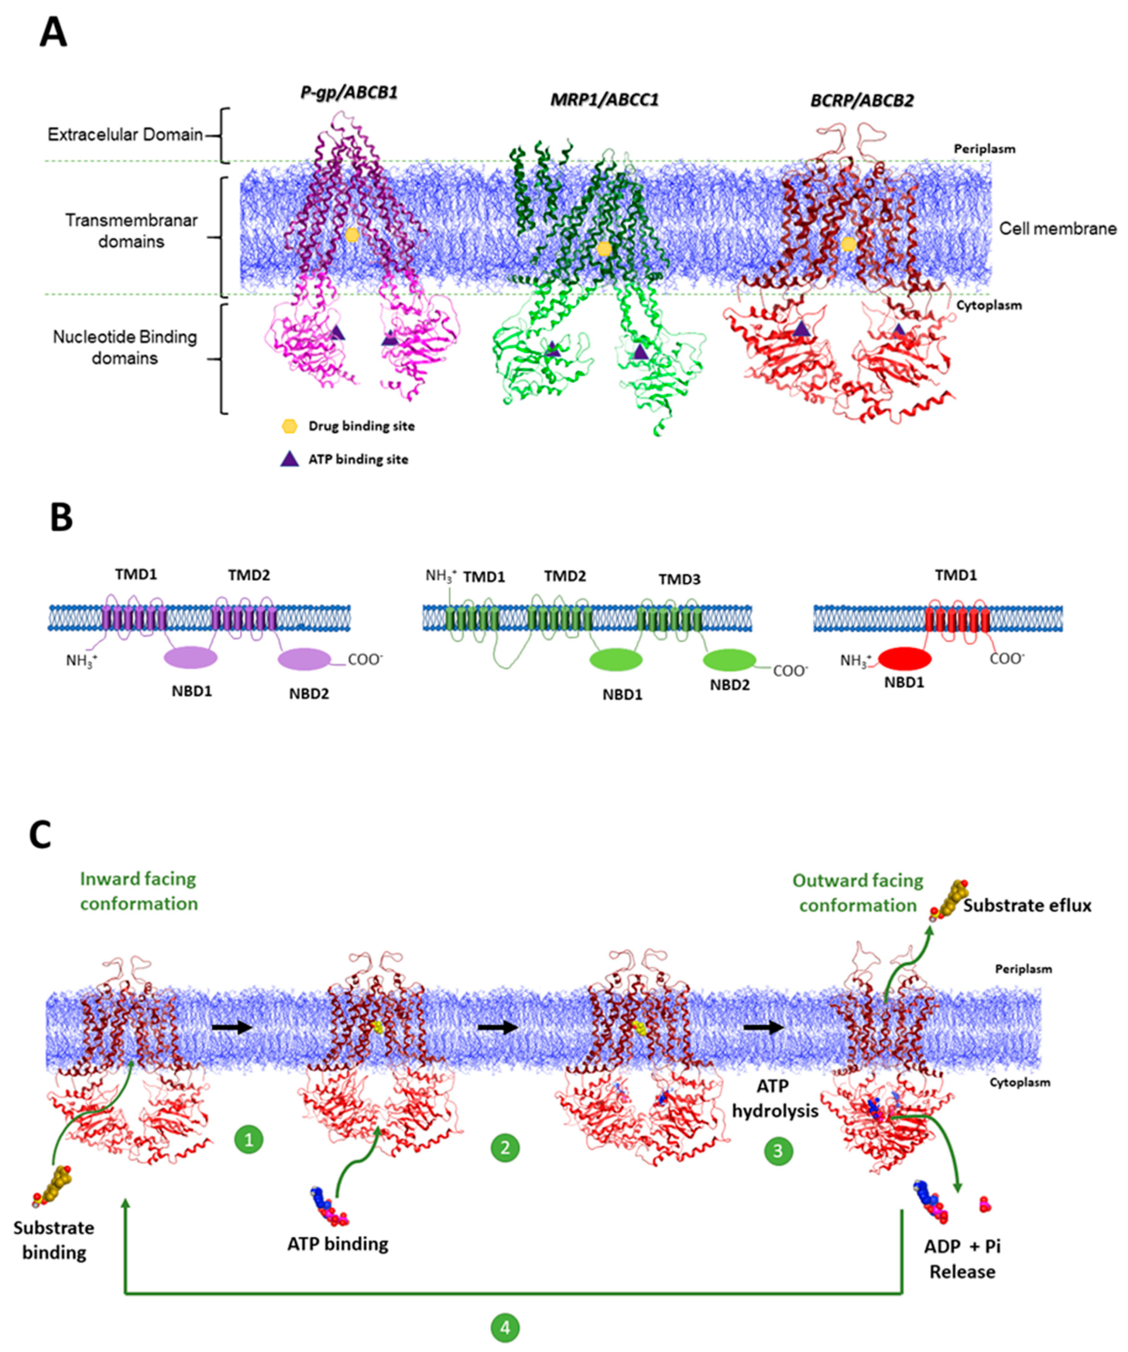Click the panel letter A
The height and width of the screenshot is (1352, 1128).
[x=53, y=32]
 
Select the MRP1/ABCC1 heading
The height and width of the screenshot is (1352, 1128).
[x=604, y=100]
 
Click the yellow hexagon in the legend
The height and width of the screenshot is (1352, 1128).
[x=290, y=426]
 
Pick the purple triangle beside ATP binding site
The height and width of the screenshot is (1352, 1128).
[x=290, y=459]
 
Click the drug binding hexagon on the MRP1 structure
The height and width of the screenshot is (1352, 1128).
[x=603, y=249]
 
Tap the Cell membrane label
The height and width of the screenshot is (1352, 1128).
[x=1057, y=229]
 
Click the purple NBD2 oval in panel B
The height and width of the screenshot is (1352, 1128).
[x=304, y=659]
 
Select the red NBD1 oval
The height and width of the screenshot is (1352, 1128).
[x=905, y=659]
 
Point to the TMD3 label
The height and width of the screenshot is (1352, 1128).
[x=679, y=579]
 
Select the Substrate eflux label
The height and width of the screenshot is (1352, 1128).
[x=1027, y=906]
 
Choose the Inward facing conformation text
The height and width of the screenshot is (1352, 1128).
[x=138, y=891]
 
